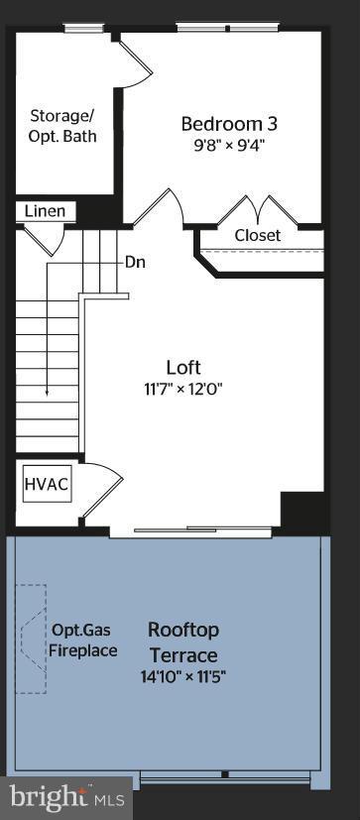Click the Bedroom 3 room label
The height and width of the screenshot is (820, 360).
(228, 124)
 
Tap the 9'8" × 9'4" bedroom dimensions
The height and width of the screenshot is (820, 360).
(228, 145)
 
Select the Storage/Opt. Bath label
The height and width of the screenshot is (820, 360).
(61, 126)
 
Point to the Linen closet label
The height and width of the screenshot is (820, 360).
(45, 211)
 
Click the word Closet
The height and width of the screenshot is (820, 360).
(258, 235)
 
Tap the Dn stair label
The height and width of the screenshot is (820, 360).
(136, 263)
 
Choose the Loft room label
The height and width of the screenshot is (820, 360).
(182, 366)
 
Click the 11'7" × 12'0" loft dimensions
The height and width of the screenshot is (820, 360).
(182, 389)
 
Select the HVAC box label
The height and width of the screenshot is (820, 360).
(47, 486)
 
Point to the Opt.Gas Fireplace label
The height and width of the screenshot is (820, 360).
(83, 641)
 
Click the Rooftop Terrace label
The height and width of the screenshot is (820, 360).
(183, 643)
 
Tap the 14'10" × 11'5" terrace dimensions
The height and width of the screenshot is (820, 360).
(183, 677)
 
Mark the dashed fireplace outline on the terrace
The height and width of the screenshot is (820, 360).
(30, 639)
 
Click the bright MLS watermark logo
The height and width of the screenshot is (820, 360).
(67, 795)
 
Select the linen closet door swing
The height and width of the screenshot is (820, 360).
(43, 239)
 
